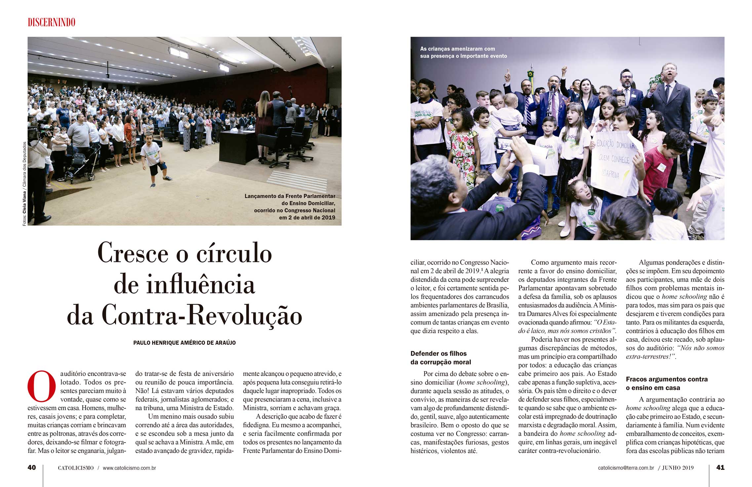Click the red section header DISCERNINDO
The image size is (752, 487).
52,23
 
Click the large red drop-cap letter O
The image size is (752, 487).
42,386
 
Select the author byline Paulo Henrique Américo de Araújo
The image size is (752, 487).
184,343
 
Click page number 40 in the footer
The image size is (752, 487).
32,467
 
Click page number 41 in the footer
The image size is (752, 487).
720,467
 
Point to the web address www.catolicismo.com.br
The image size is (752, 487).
129,468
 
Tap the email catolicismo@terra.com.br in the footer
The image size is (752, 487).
626,468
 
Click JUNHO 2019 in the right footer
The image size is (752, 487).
678,468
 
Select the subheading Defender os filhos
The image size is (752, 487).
438,354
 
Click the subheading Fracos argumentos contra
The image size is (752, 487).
667,379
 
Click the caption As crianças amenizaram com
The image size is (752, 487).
457,49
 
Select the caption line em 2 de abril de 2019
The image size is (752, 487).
307,218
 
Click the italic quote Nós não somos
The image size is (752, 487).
700,348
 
